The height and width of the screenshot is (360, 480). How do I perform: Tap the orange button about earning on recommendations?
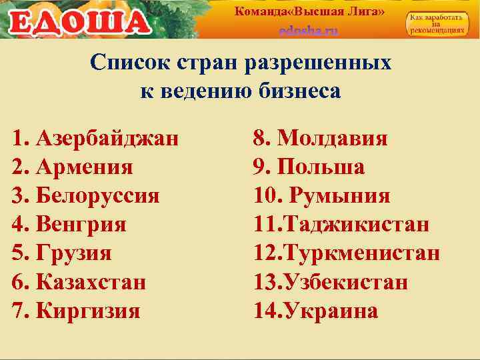[437, 25]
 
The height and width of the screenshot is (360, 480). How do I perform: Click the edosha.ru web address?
[309, 31]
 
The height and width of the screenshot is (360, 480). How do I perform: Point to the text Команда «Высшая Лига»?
[309, 11]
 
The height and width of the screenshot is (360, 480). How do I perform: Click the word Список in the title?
[131, 63]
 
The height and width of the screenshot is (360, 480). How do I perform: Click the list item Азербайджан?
[107, 139]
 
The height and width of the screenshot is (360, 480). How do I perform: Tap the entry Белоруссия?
[97, 196]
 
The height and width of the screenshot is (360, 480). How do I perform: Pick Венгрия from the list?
[81, 225]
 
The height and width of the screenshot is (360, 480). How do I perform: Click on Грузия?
[74, 253]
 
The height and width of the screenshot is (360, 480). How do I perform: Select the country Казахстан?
[91, 282]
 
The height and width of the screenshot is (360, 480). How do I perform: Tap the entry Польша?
[320, 167]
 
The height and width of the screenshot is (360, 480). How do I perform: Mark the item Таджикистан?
[357, 225]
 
